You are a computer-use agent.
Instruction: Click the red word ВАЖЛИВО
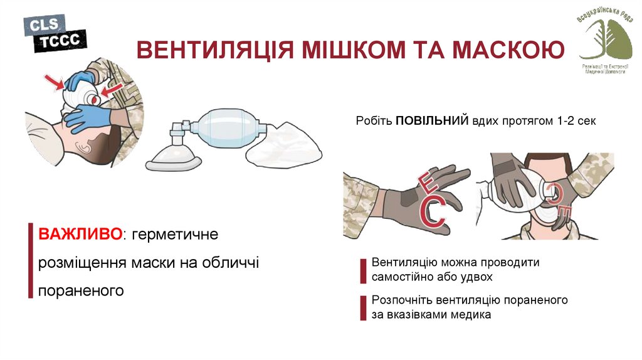pyautogui.click(x=81, y=235)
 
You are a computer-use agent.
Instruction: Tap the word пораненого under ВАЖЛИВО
pyautogui.click(x=80, y=291)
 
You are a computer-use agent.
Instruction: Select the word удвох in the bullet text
pyautogui.click(x=478, y=277)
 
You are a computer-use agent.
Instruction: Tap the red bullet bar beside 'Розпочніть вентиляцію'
pyautogui.click(x=362, y=307)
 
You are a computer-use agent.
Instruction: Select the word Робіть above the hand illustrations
pyautogui.click(x=374, y=122)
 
